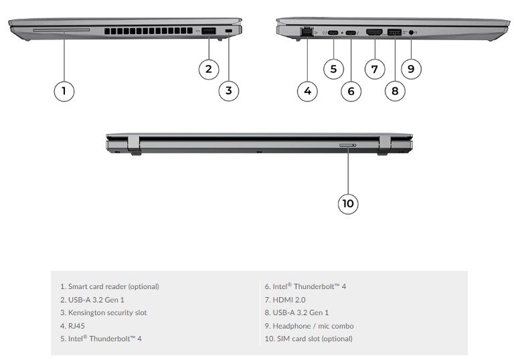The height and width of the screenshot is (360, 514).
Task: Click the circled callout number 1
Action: coord(64,90)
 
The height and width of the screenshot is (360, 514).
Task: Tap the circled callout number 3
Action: coord(229,90)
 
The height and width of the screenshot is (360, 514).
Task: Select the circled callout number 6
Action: coord(351,90)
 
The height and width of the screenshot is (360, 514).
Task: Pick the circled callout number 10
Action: coord(348,203)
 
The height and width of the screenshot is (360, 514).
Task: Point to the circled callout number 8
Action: coord(395,90)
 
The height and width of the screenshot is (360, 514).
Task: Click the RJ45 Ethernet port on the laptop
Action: coord(307,31)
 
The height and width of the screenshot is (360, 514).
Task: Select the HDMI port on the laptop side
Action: coord(375,31)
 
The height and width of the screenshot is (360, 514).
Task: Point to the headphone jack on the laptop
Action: coord(410,31)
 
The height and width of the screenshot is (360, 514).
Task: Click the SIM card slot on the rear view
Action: coord(348,145)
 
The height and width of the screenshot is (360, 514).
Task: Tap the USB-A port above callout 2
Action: coord(208,31)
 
